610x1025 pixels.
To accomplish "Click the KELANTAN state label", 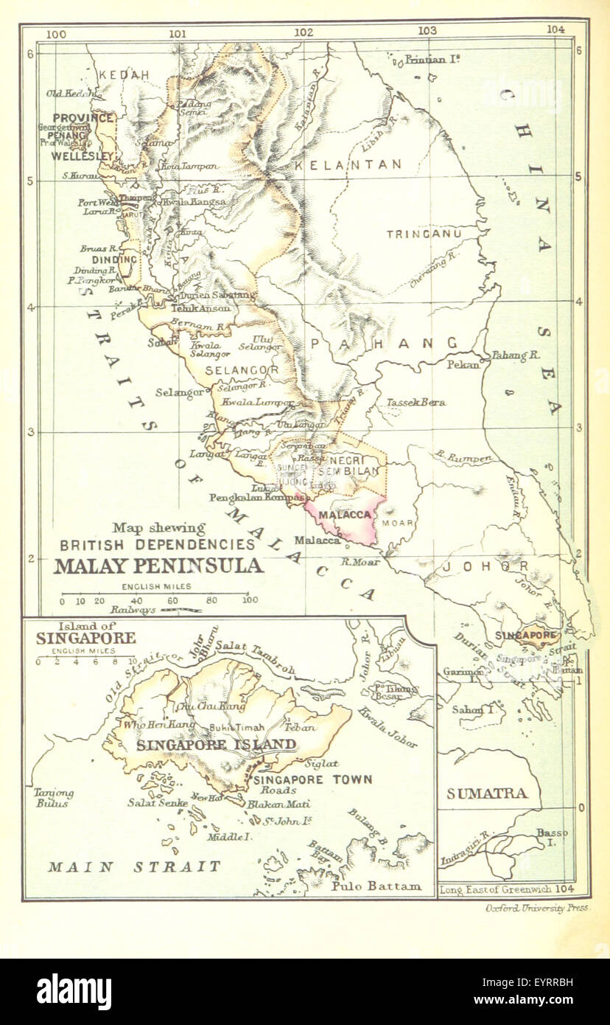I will pos(348,164).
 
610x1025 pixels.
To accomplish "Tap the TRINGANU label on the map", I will pos(424,234).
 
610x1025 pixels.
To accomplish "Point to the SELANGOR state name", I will pos(242,369).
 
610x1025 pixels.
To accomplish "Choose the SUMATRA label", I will pos(487,793).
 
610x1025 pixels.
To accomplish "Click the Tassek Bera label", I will pos(416,403).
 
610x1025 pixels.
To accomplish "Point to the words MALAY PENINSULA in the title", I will pos(158,566).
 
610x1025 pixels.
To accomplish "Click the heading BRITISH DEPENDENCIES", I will pos(158,545).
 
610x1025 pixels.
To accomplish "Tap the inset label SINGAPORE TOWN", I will pos(312,779).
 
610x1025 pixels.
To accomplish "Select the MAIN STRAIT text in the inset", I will pos(134,866).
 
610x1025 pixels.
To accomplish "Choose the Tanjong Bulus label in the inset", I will pos(55,798).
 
